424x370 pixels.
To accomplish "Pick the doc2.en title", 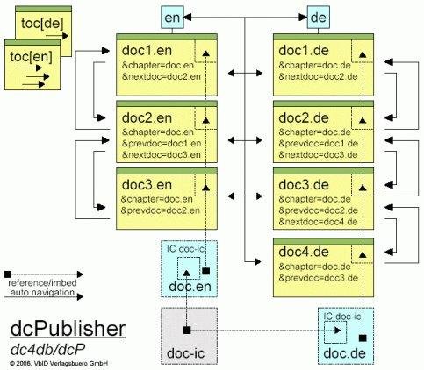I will [146, 119].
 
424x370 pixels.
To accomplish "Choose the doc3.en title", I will [146, 186].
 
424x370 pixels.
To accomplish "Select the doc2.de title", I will [302, 119].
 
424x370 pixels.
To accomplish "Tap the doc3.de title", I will [302, 186].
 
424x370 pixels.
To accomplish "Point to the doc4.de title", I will [302, 253].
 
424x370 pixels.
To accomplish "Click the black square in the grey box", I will [187, 330].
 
